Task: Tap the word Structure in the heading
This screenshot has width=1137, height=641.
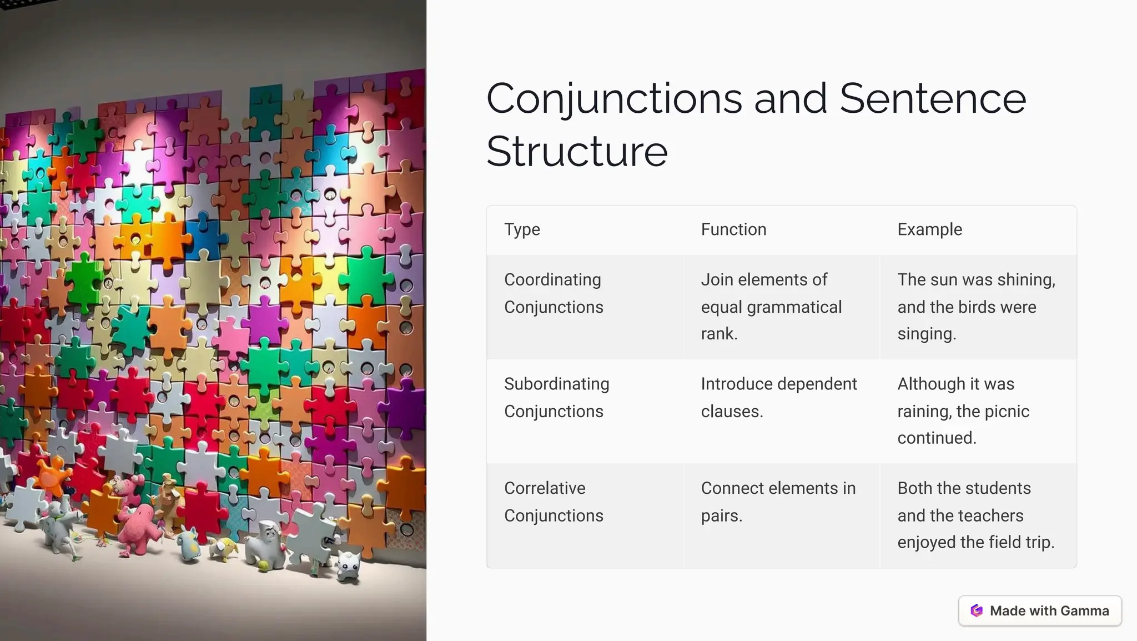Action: [577, 152]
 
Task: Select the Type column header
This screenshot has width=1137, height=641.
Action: [522, 229]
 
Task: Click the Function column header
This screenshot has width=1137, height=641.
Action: [733, 229]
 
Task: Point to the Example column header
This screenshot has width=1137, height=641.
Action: [929, 229]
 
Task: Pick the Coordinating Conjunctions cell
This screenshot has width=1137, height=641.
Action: [554, 293]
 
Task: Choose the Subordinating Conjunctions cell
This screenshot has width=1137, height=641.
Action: [556, 398]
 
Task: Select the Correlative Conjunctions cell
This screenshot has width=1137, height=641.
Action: [554, 502]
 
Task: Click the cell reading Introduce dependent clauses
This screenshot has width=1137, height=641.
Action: [778, 398]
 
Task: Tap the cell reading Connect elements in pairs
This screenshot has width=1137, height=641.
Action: [778, 502]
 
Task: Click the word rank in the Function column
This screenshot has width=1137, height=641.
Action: [718, 334]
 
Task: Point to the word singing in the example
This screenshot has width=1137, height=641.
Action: [926, 334]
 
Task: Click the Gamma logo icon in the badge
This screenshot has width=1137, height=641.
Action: [977, 611]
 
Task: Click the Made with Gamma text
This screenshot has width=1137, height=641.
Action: [1049, 611]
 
